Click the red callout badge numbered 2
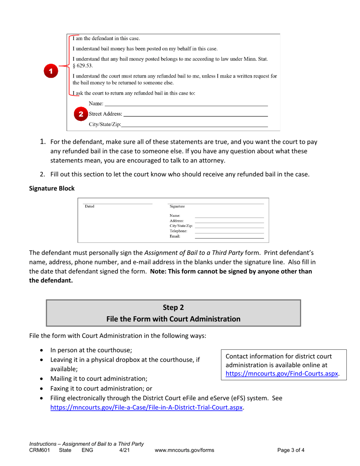coord(80,114)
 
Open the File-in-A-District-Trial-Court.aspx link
coord(147,408)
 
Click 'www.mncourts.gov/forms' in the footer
coord(185,450)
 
